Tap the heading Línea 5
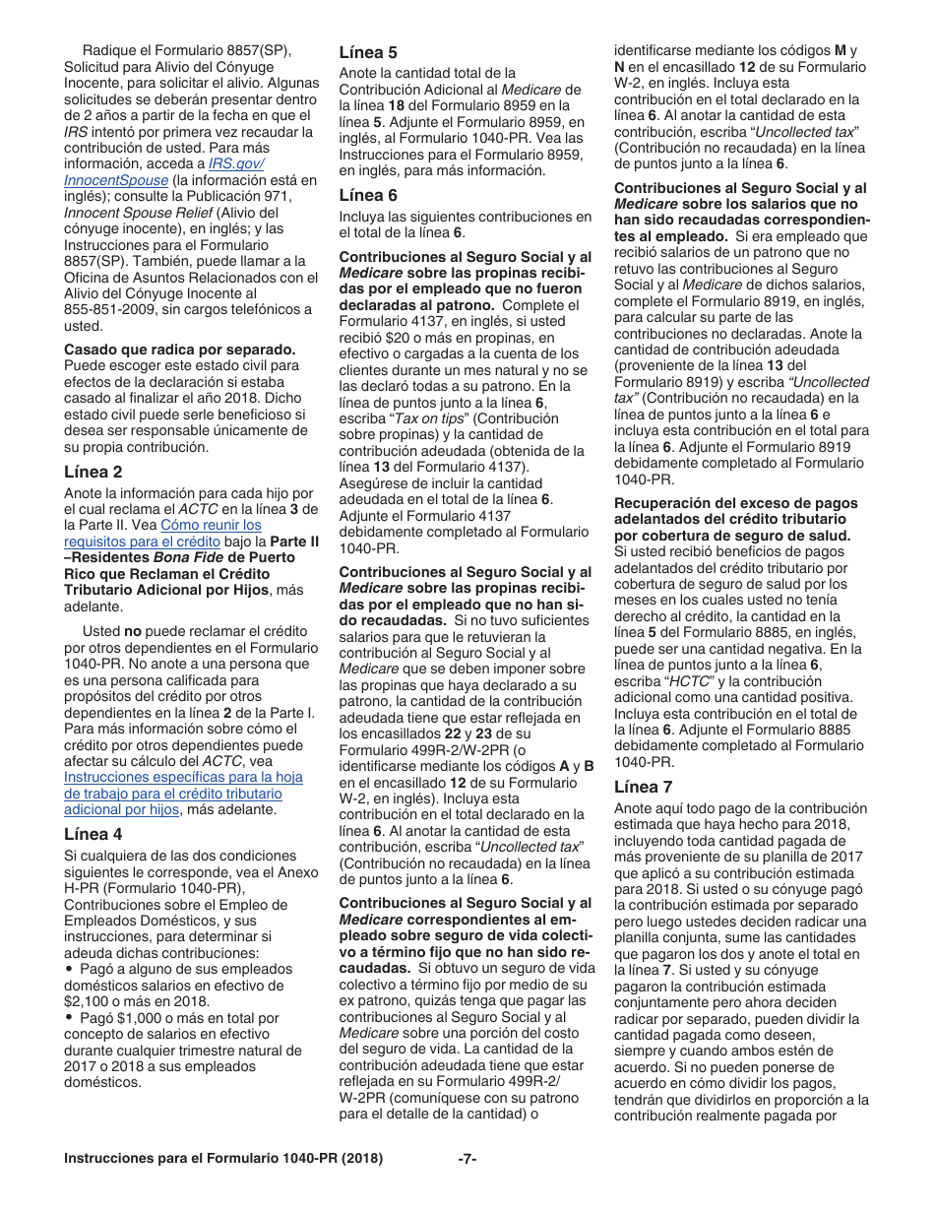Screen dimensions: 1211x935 coord(368,52)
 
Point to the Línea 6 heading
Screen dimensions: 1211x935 coord(368,195)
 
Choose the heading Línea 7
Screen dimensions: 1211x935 coord(644,786)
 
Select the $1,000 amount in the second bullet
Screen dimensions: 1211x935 coord(125,1017)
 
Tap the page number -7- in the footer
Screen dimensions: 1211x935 coord(467,1158)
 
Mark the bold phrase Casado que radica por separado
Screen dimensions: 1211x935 coord(179,349)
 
